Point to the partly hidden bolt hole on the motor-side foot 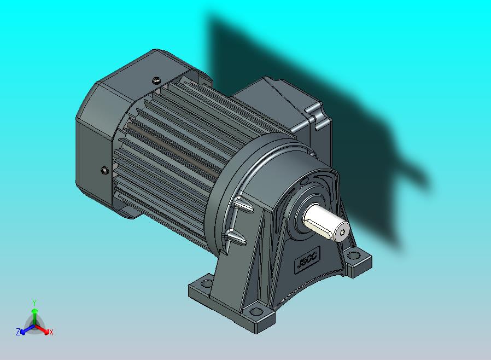tap(207, 283)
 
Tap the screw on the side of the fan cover tap(104, 171)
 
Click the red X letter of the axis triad tap(51, 332)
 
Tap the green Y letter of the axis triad tap(34, 302)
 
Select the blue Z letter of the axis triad tap(17, 332)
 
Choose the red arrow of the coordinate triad tap(44, 330)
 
